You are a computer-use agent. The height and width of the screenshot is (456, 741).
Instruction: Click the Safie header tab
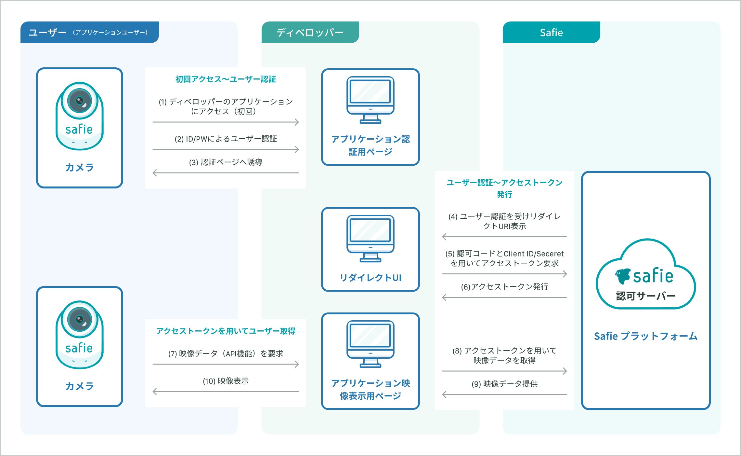tap(551, 32)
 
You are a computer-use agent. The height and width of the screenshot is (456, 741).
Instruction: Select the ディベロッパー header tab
tap(310, 32)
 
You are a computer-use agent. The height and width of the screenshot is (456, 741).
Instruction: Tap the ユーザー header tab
tap(89, 32)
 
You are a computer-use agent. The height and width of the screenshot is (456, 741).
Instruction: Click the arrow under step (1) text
tap(226, 122)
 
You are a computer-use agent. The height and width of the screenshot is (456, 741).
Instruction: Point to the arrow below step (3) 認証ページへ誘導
tap(226, 173)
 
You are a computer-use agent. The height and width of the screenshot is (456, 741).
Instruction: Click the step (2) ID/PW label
tap(226, 139)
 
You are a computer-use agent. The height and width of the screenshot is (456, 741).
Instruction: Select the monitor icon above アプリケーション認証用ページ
tap(370, 100)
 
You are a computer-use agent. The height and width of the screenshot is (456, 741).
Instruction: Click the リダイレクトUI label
tap(370, 278)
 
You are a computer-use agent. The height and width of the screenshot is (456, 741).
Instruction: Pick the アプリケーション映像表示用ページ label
tap(370, 389)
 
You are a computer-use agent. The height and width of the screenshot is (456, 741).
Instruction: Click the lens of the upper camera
tap(80, 100)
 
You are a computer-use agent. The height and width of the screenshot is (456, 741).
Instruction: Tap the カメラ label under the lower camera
tap(80, 386)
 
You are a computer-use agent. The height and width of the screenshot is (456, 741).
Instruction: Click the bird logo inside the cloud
tap(623, 276)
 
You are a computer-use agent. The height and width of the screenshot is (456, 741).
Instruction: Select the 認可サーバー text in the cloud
tap(646, 296)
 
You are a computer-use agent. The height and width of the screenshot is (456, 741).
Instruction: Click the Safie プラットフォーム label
tap(646, 336)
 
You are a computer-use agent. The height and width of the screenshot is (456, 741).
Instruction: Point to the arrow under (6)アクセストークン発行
tap(504, 297)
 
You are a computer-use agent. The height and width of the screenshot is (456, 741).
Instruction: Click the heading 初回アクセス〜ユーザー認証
tap(226, 79)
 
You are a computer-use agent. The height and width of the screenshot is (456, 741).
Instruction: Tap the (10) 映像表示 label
tap(226, 381)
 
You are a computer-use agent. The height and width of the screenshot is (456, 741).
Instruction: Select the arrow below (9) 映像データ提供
tap(504, 394)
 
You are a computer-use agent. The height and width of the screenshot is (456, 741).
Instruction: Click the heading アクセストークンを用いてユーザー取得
tap(226, 331)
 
